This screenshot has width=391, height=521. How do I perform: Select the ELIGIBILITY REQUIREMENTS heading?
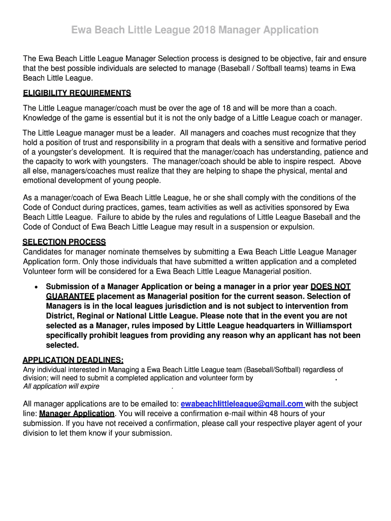click(x=77, y=93)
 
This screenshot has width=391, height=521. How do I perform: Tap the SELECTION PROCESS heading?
click(x=64, y=242)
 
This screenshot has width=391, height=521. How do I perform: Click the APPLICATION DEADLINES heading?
click(x=73, y=360)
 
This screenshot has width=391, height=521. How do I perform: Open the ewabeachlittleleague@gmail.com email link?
click(x=242, y=404)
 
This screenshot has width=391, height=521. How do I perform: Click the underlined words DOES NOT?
click(x=331, y=286)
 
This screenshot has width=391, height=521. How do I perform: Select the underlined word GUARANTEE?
click(x=70, y=296)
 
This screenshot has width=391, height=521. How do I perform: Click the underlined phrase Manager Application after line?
click(x=77, y=414)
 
